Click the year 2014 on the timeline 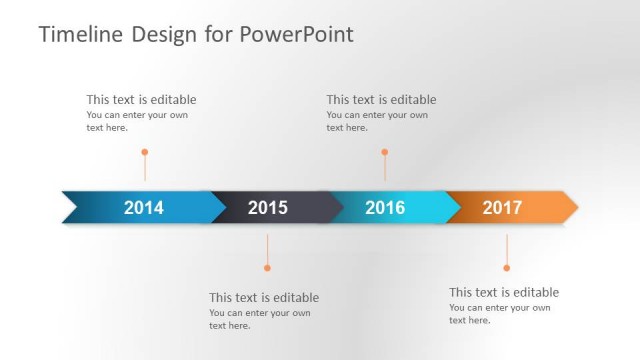143,208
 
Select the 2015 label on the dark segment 267,208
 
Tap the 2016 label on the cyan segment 385,208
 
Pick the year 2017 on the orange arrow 502,208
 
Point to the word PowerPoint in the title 296,35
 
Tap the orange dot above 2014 145,152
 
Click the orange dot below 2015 267,267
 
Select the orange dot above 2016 384,152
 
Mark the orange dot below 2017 506,267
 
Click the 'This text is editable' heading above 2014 141,99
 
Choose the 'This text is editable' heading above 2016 381,99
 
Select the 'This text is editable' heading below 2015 264,297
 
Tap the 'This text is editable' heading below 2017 504,292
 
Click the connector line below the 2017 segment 506,248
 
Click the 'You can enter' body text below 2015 259,319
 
